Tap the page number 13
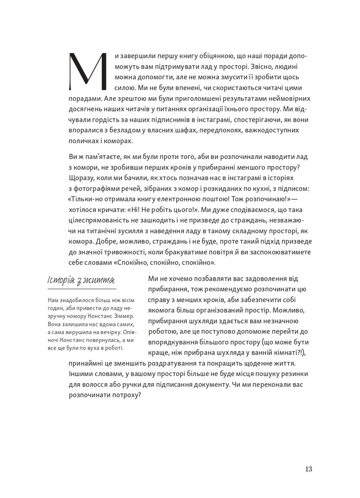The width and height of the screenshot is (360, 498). click(x=308, y=469)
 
